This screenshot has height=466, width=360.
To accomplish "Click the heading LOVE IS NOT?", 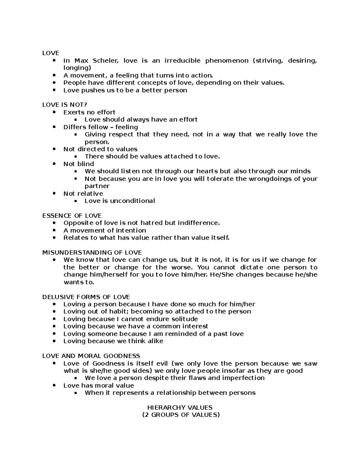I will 64,105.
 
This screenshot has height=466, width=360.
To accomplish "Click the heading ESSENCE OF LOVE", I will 72,216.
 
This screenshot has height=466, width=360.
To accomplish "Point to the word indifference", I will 199,223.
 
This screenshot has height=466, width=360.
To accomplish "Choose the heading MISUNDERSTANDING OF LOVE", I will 92,253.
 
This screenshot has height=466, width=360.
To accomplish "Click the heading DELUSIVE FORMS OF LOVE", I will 86,297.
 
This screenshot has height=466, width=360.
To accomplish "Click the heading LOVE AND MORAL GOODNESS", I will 91,356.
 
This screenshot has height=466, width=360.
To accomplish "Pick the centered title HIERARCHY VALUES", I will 180,407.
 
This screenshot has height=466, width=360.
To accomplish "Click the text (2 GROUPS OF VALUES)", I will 181,415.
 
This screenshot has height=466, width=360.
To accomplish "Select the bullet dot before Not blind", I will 54,164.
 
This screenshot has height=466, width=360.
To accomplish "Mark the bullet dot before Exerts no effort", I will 54,112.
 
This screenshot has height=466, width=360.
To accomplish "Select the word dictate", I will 252,267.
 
